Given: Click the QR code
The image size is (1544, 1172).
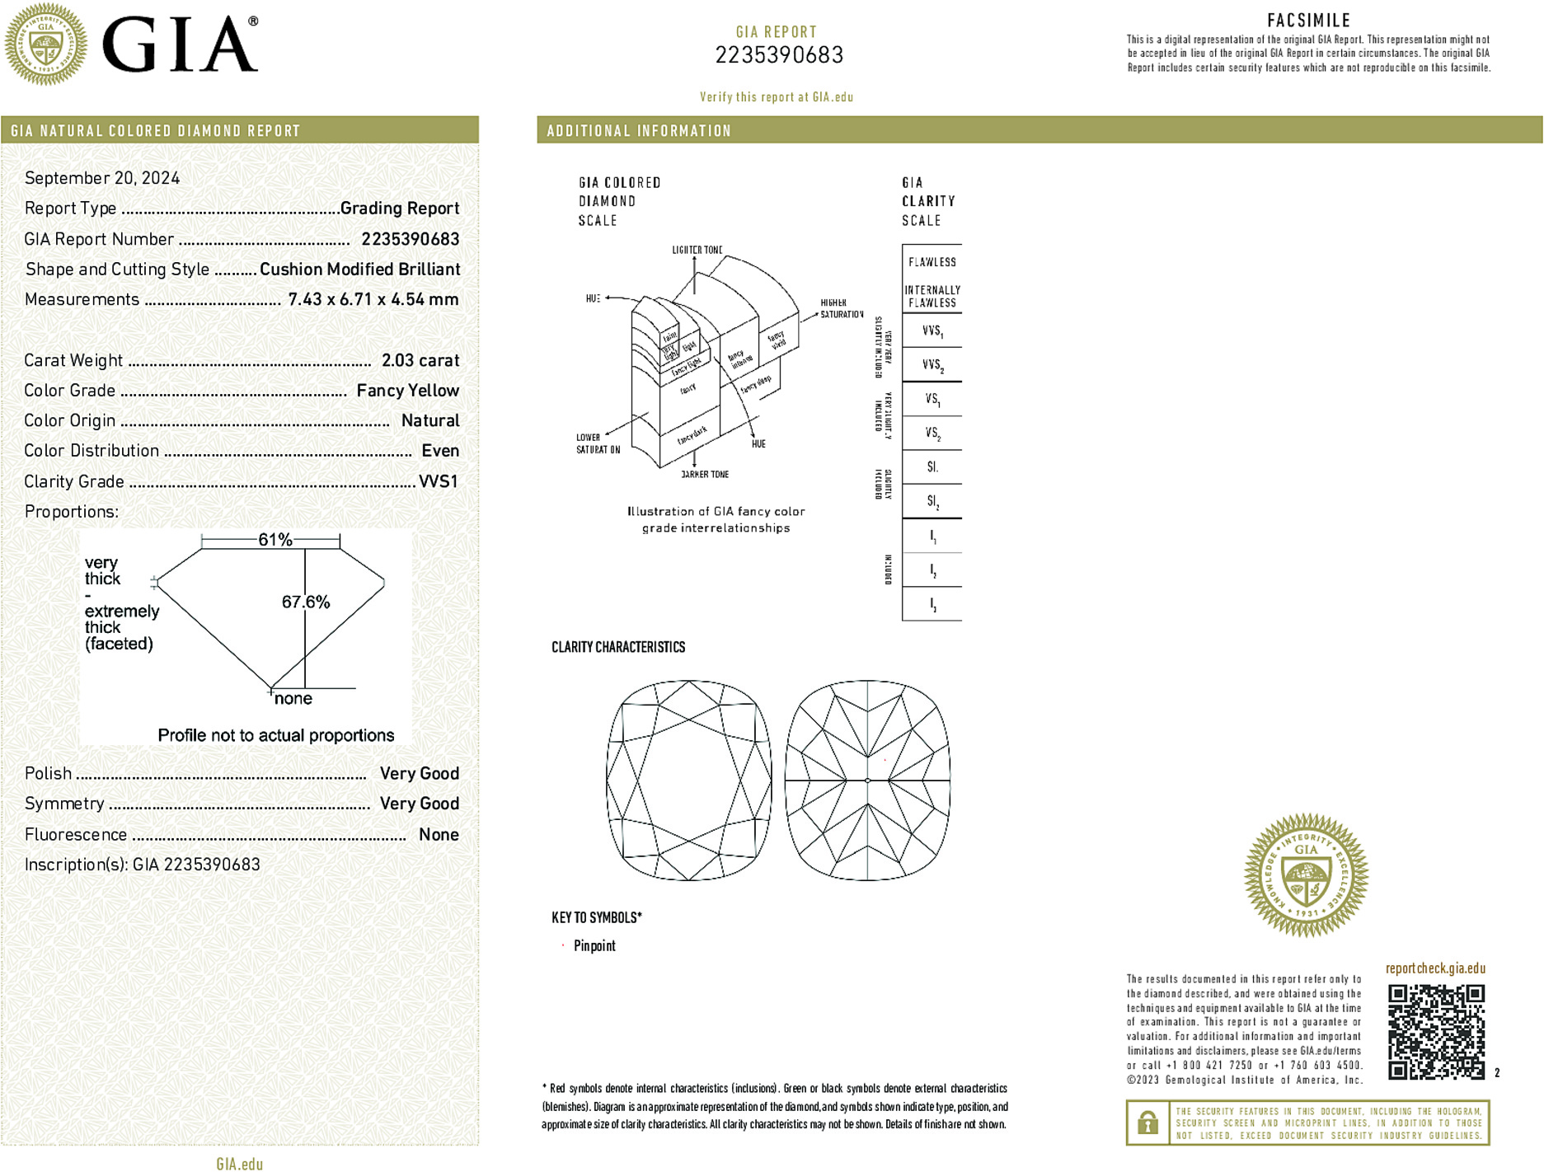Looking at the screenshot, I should coord(1435,1031).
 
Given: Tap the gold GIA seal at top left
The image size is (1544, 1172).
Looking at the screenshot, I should coord(45,45).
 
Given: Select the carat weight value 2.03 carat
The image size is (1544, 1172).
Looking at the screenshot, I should coord(420,360).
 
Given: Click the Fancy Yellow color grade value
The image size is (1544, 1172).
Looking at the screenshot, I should coord(407,391).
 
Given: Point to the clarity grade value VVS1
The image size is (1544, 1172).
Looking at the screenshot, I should coord(438,481).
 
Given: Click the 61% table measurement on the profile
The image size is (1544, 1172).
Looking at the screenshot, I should coord(275,540).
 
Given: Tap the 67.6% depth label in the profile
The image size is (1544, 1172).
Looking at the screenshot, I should coord(305,602).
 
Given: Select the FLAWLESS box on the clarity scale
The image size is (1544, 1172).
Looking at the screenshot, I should coord(932,262).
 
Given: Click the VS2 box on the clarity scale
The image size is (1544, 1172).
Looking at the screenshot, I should coord(932,433).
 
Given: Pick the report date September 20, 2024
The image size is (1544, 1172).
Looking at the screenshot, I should coord(102,178).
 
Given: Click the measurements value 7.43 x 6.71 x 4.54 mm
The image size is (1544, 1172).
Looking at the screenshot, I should coord(373,299).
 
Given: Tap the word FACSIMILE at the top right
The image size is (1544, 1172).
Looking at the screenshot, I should coord(1308,21).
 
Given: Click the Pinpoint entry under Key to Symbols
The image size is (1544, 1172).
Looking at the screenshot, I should coord(594,946).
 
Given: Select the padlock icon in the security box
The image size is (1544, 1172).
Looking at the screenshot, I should coord(1147,1123).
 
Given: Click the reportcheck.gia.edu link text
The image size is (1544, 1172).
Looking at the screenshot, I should coord(1435,968).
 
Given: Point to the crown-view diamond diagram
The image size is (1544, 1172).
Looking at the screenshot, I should coord(688,780).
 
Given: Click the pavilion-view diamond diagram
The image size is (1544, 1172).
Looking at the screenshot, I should coord(867,780).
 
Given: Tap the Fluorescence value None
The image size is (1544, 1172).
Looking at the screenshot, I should coord(439,834).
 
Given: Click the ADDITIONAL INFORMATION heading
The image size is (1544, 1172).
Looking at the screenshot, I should coord(639,131).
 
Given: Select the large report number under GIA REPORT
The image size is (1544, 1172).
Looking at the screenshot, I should coord(779,55).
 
